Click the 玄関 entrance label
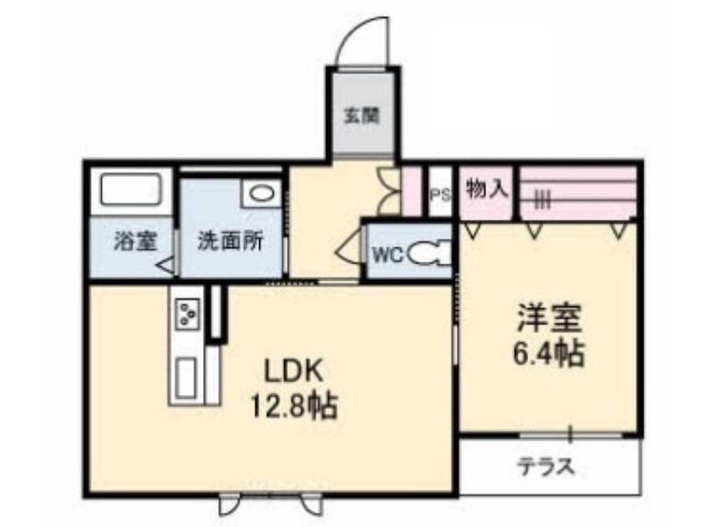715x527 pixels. (361, 115)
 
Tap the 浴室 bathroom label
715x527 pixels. (135, 241)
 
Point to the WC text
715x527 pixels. (388, 255)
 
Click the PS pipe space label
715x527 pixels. (441, 195)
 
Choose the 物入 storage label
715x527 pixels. (487, 188)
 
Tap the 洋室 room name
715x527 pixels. (550, 319)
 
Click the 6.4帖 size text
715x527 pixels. (549, 354)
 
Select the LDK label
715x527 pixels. (294, 372)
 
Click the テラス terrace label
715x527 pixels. (545, 466)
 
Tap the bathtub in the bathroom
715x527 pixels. (131, 189)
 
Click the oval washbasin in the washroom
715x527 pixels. (261, 195)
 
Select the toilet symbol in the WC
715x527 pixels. (429, 254)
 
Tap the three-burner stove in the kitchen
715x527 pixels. (188, 313)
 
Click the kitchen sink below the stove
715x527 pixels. (187, 377)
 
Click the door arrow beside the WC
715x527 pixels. (348, 249)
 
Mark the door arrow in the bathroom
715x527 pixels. (165, 265)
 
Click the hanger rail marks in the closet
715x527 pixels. (543, 199)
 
